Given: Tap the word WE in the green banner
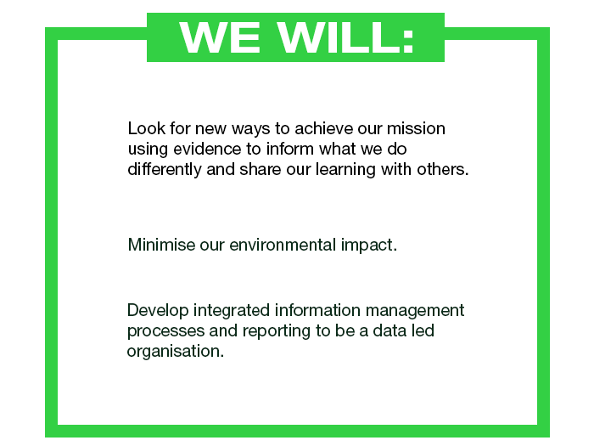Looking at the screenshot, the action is tap(220, 37).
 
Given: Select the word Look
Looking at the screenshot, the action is tap(147, 128).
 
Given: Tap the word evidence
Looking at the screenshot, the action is tap(207, 149).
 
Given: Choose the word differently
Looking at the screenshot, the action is tap(165, 170).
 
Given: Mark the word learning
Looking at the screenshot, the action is tap(345, 170).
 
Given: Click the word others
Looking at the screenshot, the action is tap(443, 169).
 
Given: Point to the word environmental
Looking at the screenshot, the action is tap(283, 245).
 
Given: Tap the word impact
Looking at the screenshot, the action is tap(369, 246).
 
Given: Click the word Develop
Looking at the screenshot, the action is tap(158, 311).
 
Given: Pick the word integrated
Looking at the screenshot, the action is tap(232, 311).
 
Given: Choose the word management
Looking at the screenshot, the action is tap(415, 311).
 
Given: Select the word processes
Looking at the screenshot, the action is tap(166, 331).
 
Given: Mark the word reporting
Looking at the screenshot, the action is tap(277, 331).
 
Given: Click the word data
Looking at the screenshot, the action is tap(389, 330).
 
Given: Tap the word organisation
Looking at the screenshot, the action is tap(176, 351).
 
